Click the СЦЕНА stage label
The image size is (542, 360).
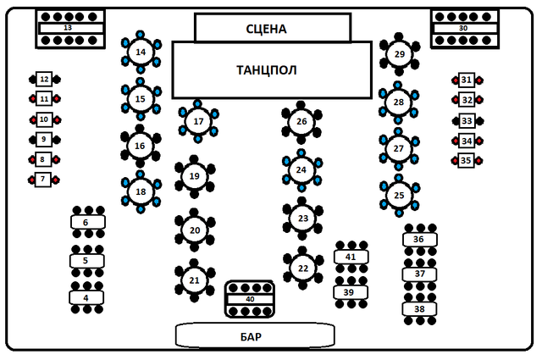tap(266, 29)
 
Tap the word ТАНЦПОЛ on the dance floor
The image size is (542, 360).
tap(267, 70)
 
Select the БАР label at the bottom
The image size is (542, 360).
tap(251, 337)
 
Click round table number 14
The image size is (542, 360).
tap(141, 53)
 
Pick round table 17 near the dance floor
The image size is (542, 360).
tap(198, 121)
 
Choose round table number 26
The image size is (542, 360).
tap(301, 122)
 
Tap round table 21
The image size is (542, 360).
tap(194, 280)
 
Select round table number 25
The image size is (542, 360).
tap(399, 196)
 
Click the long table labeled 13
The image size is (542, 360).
tap(71, 28)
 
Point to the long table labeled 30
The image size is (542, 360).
tap(465, 28)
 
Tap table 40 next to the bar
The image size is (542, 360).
tap(250, 299)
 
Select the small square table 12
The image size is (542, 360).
tap(44, 79)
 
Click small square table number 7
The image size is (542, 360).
tap(43, 180)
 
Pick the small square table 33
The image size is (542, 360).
tap(467, 120)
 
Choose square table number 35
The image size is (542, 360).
tap(466, 160)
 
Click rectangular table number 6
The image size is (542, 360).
tap(88, 223)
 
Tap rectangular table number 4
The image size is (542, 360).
tap(86, 298)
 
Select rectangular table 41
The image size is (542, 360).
tap(351, 257)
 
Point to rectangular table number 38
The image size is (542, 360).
tap(419, 309)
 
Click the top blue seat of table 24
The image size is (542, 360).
tap(301, 152)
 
